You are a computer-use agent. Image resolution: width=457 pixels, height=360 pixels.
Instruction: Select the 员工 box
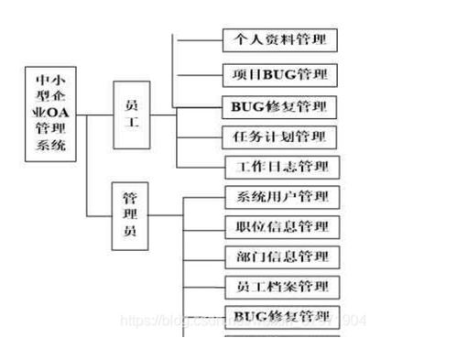tap(132, 115)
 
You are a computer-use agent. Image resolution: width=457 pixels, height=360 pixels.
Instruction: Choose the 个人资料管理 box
tap(280, 39)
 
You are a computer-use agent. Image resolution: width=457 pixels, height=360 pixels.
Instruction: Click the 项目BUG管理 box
tap(280, 73)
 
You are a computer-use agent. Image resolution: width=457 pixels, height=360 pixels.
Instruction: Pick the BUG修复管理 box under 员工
tap(280, 105)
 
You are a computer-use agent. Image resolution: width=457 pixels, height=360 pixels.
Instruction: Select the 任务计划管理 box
tap(280, 137)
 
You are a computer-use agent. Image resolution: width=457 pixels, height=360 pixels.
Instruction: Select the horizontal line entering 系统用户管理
tap(203, 197)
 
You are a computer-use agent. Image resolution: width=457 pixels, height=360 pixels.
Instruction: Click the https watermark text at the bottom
tap(142, 321)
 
